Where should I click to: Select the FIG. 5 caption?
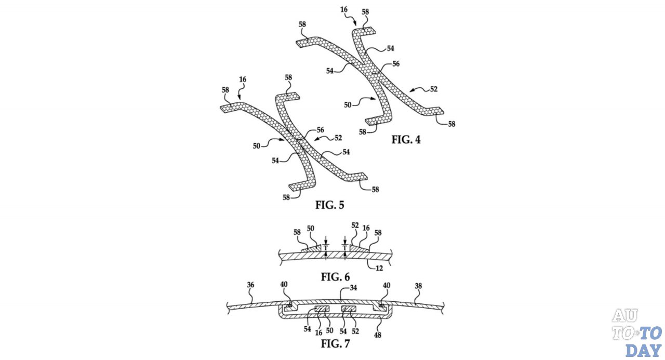click(329, 205)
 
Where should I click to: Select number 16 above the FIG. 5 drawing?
click(242, 79)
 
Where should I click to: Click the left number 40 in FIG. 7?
click(284, 285)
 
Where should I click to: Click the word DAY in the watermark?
click(643, 349)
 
